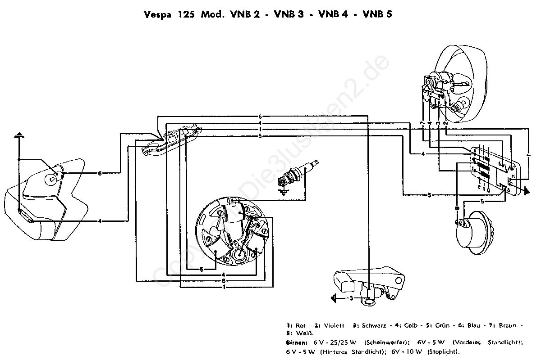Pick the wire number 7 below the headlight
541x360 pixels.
coord(422,123)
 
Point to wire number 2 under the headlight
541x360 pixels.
coord(446,123)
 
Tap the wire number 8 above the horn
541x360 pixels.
coord(457,208)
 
